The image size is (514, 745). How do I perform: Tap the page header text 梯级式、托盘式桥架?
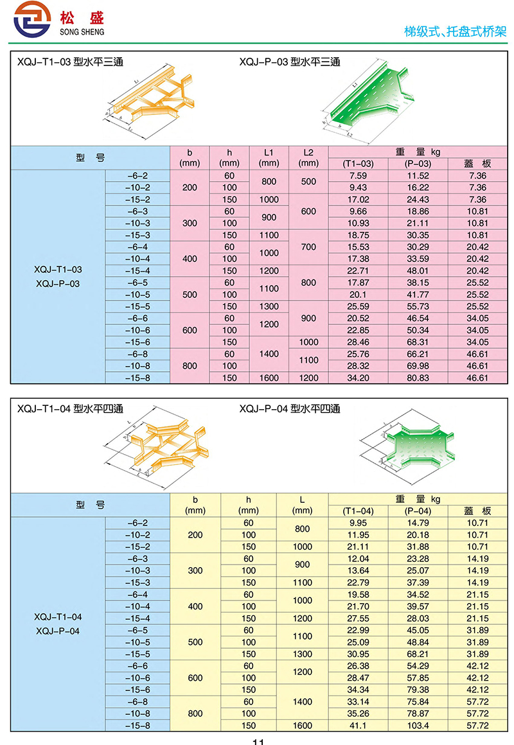tap(455, 30)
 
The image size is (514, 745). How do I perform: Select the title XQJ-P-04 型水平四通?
tap(290, 408)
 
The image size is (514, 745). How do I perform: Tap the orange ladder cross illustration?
tap(168, 446)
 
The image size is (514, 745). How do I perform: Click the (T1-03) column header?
tap(358, 164)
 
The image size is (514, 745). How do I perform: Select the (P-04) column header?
tap(418, 511)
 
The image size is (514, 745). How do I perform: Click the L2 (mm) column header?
tap(308, 158)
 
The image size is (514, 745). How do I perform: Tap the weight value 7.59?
tap(358, 176)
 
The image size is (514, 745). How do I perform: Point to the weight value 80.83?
tap(418, 378)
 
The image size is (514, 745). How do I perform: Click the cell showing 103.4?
tap(418, 726)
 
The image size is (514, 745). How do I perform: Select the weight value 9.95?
tap(358, 523)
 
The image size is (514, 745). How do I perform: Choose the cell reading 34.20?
tap(358, 378)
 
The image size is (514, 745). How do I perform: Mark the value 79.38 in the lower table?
tap(418, 690)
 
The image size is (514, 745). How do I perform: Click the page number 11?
tap(258, 741)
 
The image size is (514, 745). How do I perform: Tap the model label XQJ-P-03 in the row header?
tap(58, 283)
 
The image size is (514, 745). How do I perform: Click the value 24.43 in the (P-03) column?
tap(418, 200)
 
